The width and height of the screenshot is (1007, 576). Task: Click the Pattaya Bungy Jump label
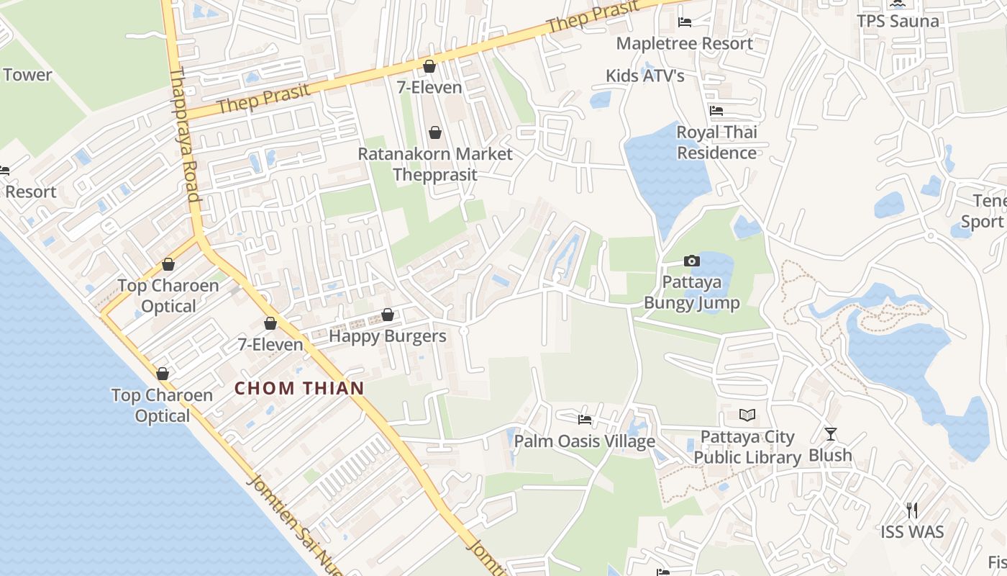[691, 292]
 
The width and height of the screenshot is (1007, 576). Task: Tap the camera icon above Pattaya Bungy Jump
[691, 261]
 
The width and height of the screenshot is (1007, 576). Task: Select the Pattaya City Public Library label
[747, 447]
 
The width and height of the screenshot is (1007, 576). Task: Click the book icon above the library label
[747, 415]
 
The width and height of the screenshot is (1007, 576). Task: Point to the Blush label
[830, 455]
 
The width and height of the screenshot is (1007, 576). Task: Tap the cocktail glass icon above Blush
[831, 433]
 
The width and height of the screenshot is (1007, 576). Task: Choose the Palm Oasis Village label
[584, 441]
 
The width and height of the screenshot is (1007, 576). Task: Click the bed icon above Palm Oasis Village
[585, 419]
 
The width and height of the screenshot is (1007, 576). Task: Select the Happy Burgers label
[388, 336]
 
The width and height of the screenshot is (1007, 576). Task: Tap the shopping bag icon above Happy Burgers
[388, 315]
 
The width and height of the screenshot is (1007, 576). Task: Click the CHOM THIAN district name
[299, 388]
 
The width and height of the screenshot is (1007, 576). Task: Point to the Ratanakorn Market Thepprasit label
[435, 164]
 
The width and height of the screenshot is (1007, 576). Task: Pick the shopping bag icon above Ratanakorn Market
[434, 132]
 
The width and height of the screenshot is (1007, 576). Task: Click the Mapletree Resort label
[684, 43]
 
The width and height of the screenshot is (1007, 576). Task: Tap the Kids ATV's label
[645, 76]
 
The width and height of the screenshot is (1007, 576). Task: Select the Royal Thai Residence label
[716, 143]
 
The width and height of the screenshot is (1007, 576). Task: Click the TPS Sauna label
[898, 21]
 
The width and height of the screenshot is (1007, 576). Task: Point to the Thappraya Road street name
[185, 134]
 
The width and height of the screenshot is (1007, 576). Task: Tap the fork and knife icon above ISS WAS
[912, 510]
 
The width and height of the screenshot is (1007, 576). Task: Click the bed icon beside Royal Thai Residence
[716, 111]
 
